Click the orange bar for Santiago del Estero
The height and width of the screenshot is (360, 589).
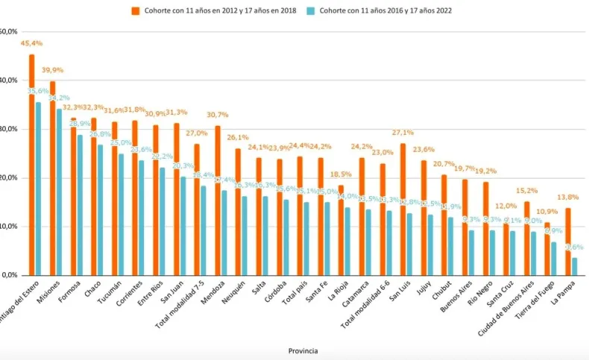click(31, 164)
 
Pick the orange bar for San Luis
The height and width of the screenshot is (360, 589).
click(403, 209)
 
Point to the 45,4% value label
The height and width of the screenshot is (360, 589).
click(31, 43)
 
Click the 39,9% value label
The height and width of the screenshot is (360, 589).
click(52, 70)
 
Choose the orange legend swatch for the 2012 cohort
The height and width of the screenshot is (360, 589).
click(136, 11)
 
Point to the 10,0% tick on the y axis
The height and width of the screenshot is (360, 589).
click(9, 227)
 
